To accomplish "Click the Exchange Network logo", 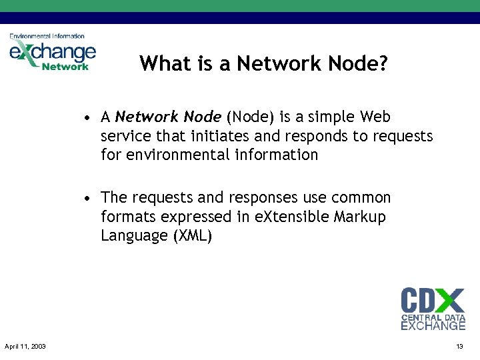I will point(52,53).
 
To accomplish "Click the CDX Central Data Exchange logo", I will point(433,309).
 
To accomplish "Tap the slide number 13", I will point(459,347).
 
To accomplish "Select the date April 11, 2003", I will point(25,347).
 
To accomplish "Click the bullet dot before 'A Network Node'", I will point(87,118).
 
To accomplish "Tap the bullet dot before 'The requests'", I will point(87,199).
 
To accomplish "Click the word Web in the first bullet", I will point(375,117).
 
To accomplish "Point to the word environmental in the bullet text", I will point(175,155).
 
